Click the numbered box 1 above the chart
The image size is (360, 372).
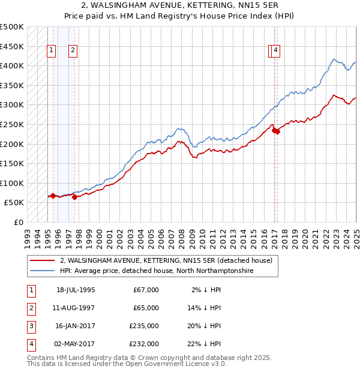[x=52, y=51]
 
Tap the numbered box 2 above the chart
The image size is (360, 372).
[x=73, y=51]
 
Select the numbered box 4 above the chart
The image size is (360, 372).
[x=275, y=51]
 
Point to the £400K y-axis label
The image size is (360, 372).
[x=12, y=66]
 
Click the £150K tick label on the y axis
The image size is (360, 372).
[x=12, y=164]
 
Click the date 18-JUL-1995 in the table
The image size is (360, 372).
[x=76, y=290]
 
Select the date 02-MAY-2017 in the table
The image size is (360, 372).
[x=76, y=344]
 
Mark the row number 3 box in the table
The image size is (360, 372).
[x=31, y=326]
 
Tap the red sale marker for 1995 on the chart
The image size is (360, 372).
[x=53, y=196]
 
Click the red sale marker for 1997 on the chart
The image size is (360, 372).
[x=74, y=196]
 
